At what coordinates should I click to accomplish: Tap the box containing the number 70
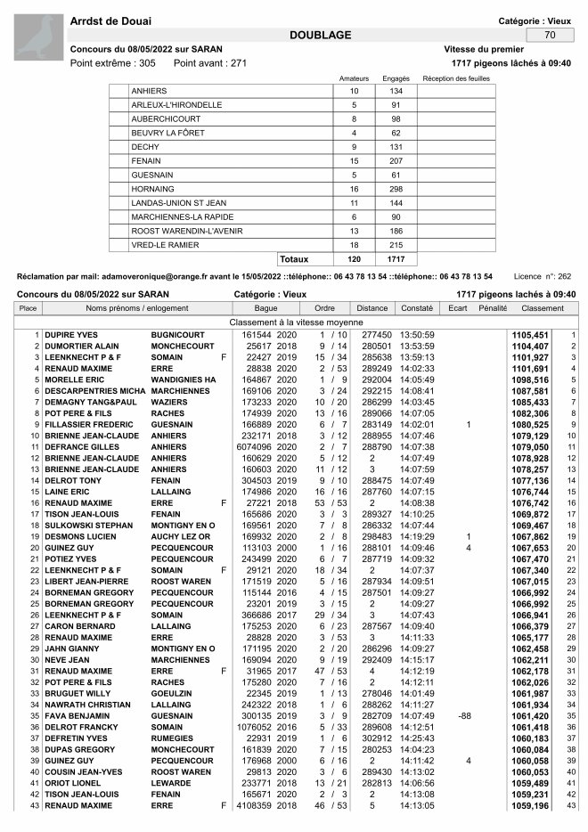[549, 35]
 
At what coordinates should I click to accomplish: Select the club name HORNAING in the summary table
[154, 189]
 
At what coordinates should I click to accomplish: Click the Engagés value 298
[396, 189]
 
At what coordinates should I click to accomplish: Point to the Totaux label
[294, 259]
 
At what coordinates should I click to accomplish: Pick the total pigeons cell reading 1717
[396, 259]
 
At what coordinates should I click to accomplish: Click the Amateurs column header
[354, 78]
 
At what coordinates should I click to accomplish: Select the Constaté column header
[416, 308]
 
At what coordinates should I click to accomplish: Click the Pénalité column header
[493, 308]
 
